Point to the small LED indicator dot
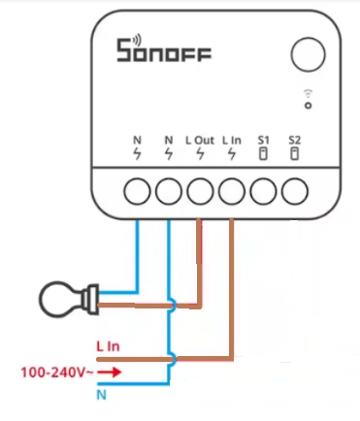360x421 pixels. pyautogui.click(x=309, y=106)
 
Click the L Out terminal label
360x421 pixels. pyautogui.click(x=200, y=141)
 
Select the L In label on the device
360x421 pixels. pyautogui.click(x=232, y=141)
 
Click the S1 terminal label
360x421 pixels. pyautogui.click(x=263, y=141)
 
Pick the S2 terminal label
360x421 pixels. pyautogui.click(x=295, y=141)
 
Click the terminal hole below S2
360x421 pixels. pyautogui.click(x=295, y=191)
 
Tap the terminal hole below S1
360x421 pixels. pyautogui.click(x=263, y=191)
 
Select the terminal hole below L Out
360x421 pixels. pyautogui.click(x=200, y=191)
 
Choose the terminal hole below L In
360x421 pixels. pyautogui.click(x=232, y=191)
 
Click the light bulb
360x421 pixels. pyautogui.click(x=69, y=299)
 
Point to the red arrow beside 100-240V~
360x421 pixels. pyautogui.click(x=110, y=372)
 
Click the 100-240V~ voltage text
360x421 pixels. pyautogui.click(x=57, y=372)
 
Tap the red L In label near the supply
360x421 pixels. pyautogui.click(x=108, y=346)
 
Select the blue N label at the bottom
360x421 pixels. pyautogui.click(x=102, y=395)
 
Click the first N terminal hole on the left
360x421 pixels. pyautogui.click(x=137, y=191)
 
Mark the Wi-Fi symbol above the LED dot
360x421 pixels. pyautogui.click(x=309, y=93)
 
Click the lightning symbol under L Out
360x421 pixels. pyautogui.click(x=200, y=154)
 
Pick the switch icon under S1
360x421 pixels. pyautogui.click(x=263, y=153)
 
